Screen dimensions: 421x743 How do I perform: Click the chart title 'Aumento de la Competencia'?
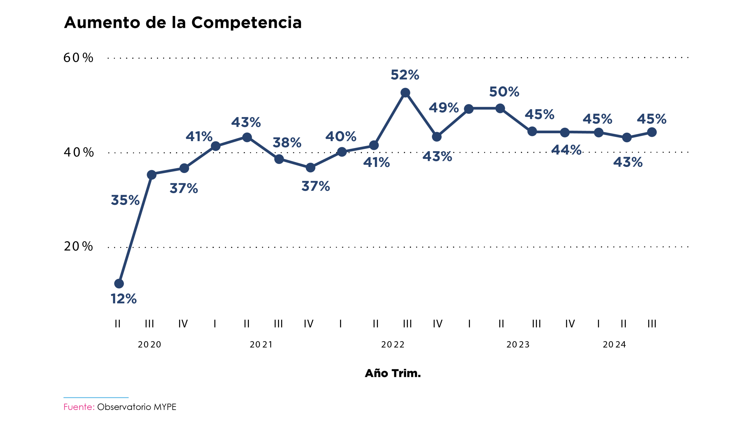183,23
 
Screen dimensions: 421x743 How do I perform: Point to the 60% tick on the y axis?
78,57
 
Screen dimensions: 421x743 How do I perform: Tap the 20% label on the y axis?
78,246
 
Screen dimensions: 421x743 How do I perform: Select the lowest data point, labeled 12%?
119,283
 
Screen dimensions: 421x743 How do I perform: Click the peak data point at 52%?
405,93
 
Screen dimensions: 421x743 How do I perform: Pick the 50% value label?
504,92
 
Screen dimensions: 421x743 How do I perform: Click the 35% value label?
125,200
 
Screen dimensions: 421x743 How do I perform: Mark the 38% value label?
287,143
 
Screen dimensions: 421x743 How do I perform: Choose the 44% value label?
566,150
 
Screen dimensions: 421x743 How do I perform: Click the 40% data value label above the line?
341,136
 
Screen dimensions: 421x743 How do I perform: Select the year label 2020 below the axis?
149,344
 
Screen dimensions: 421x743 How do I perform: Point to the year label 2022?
393,344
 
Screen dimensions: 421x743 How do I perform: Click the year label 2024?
614,344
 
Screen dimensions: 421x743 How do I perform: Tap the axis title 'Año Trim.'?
393,373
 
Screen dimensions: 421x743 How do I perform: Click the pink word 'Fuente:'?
79,407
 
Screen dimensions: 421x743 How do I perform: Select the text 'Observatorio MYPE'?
137,407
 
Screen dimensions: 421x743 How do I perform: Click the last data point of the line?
652,132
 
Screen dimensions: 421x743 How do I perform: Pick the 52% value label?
405,75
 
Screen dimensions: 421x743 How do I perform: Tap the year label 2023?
518,344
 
